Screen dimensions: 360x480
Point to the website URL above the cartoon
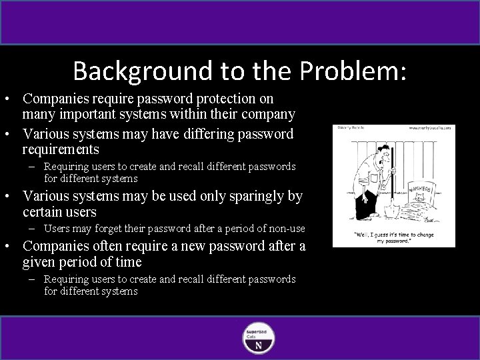[429, 127]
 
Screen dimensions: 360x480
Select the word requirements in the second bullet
[60, 149]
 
